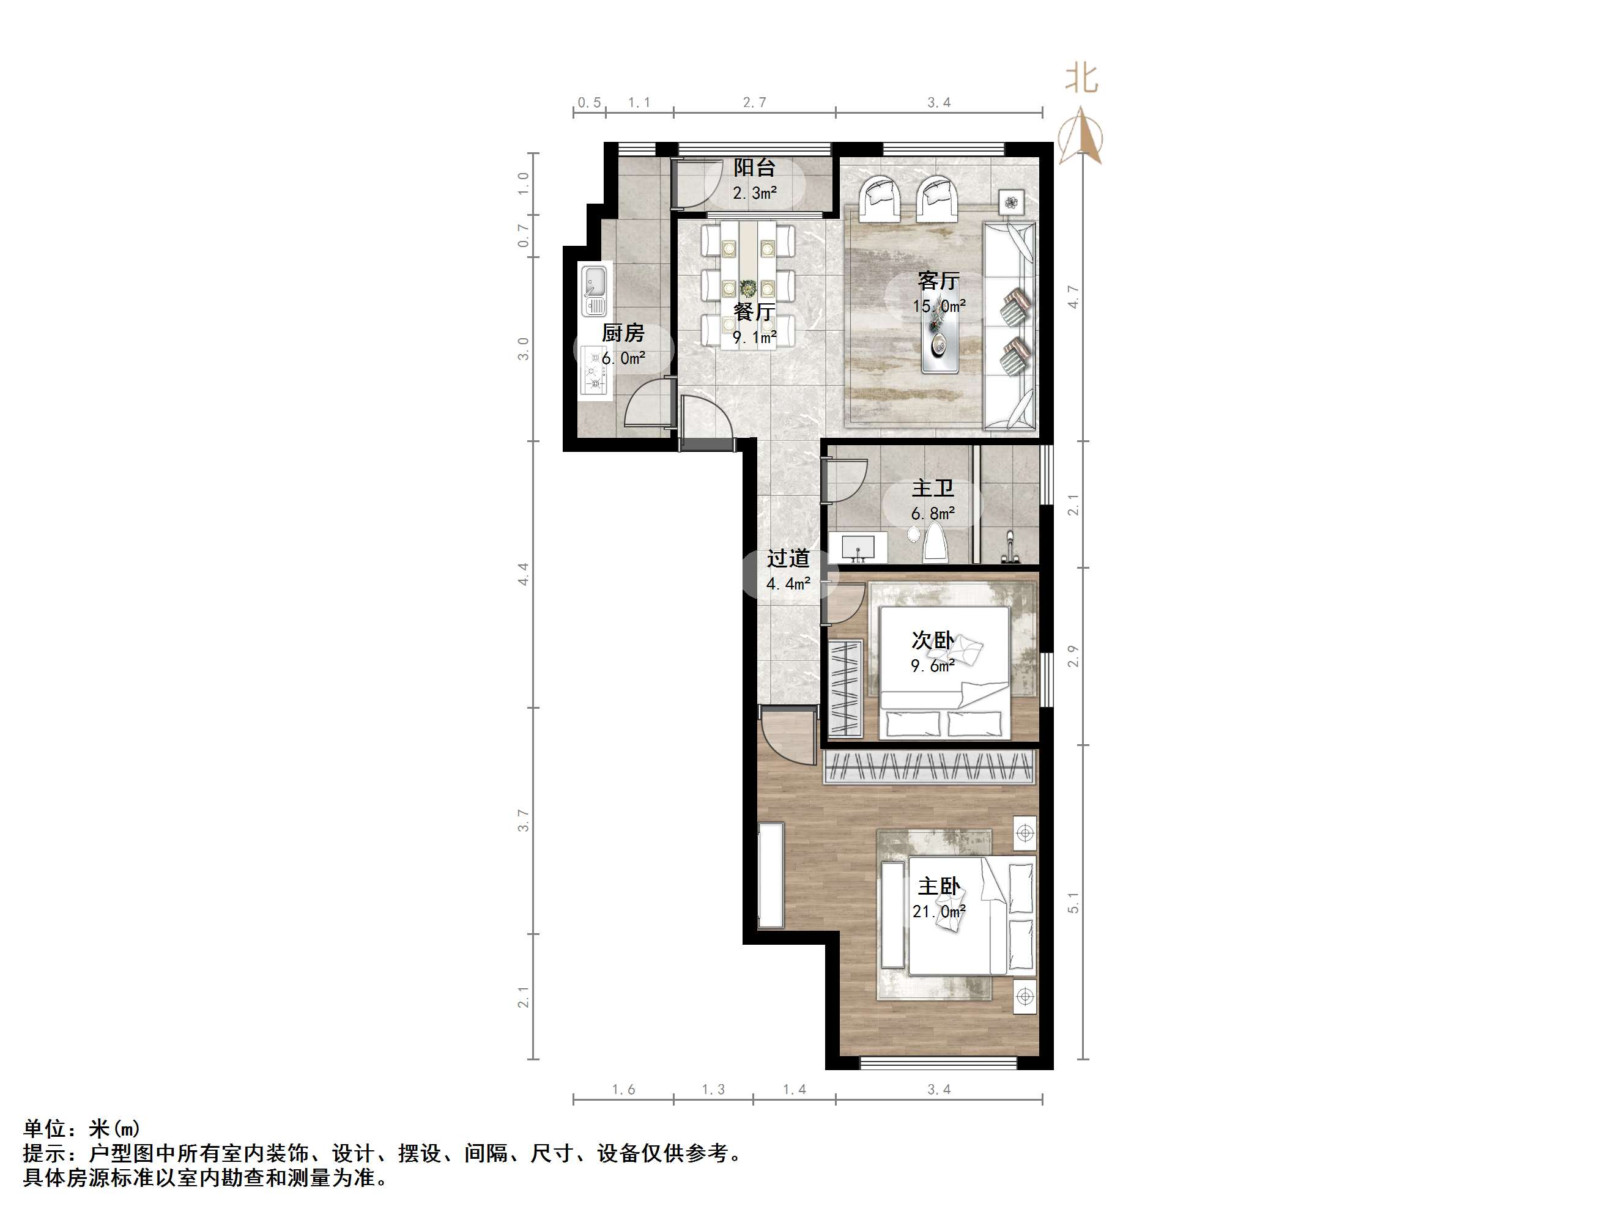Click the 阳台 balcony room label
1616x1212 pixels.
755,168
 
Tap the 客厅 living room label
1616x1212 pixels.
939,281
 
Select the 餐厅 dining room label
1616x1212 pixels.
755,312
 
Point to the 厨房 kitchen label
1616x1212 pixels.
623,334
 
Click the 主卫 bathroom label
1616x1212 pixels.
933,488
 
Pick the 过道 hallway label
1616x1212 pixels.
788,559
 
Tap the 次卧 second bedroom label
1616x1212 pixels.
933,641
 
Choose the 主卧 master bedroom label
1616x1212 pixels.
939,887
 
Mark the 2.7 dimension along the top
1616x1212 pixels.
755,103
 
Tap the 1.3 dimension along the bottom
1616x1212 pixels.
714,1090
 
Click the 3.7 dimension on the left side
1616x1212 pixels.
523,821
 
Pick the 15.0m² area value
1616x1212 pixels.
939,306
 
